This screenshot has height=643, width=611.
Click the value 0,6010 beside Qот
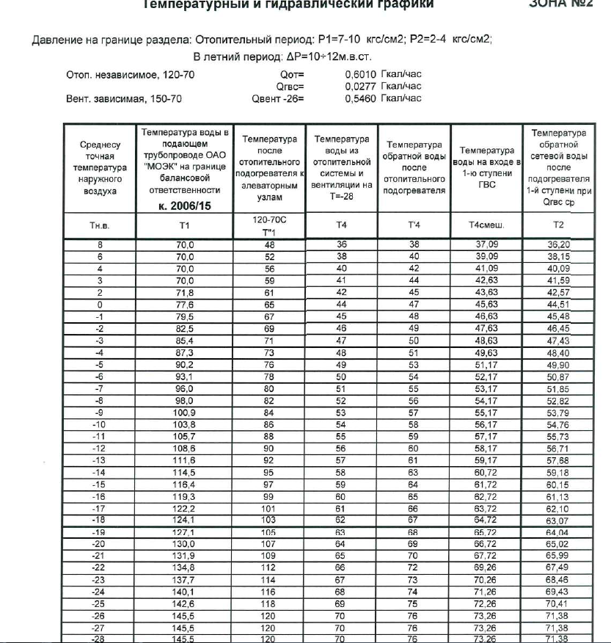[359, 74]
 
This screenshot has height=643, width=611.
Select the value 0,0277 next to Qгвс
[359, 86]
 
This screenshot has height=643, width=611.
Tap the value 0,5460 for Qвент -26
[359, 98]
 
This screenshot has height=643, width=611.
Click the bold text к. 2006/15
[184, 206]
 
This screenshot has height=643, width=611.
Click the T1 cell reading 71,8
[184, 291]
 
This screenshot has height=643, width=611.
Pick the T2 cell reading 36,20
[559, 244]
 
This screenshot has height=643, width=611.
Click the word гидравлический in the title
[330, 4]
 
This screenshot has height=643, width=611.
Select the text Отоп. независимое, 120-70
[131, 74]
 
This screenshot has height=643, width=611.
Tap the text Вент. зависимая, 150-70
[125, 98]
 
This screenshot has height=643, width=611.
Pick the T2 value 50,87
[559, 377]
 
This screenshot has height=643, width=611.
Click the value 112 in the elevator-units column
[268, 567]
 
